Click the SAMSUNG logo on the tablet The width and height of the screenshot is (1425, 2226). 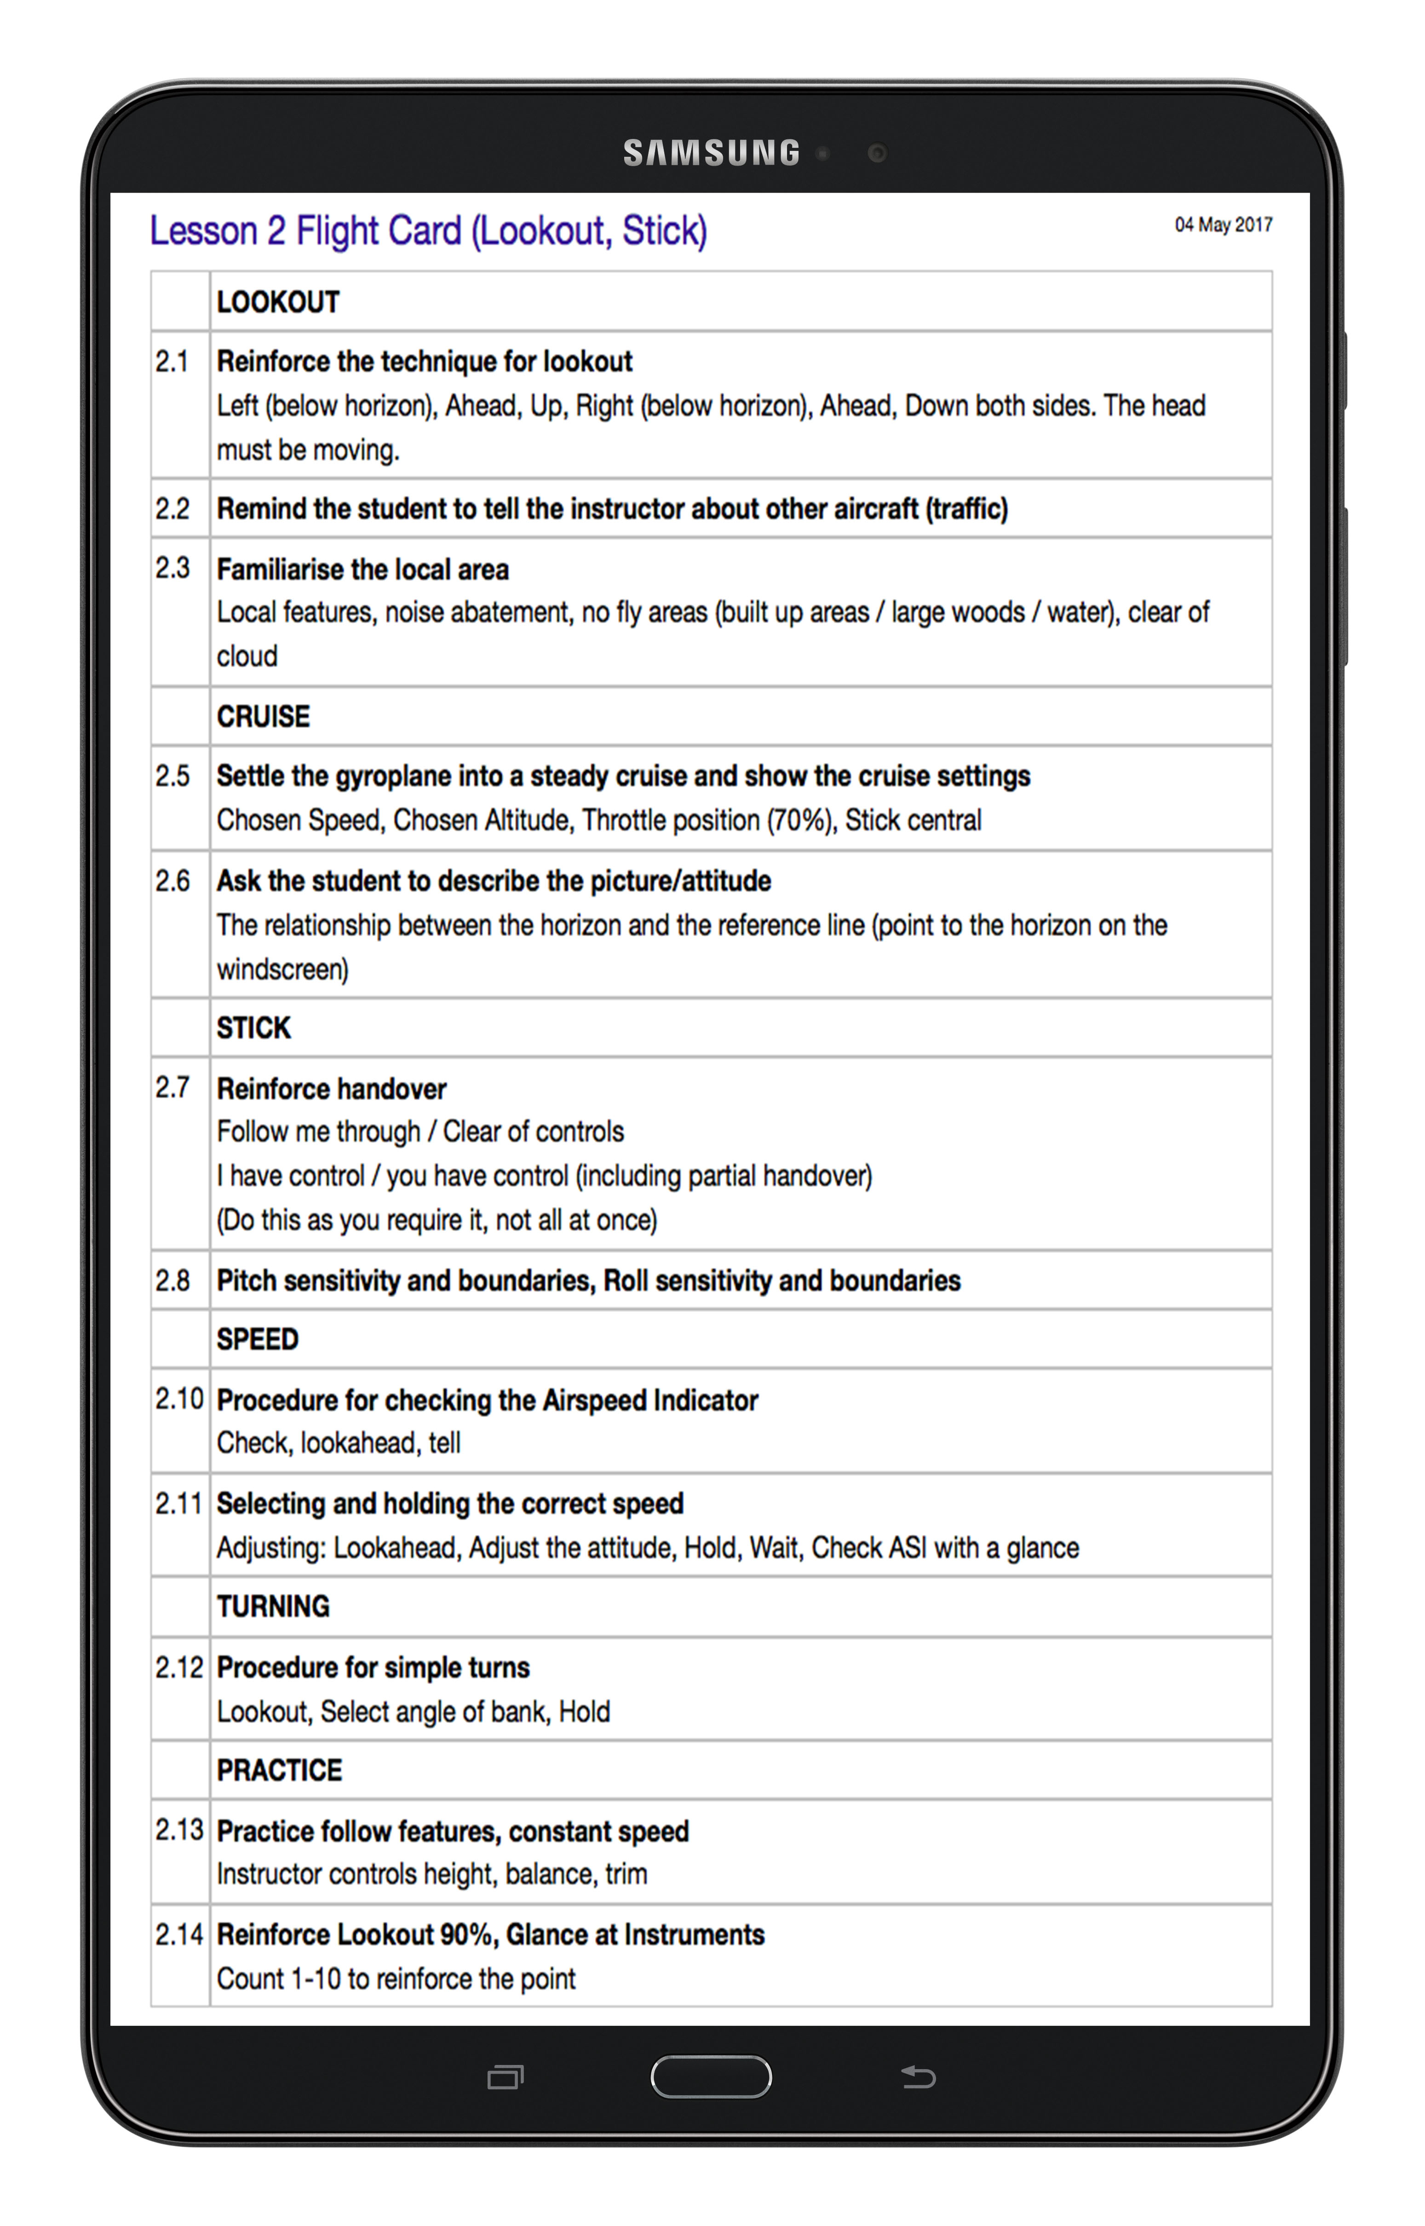711,153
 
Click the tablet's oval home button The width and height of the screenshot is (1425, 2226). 711,2076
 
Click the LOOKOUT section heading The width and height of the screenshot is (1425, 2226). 278,302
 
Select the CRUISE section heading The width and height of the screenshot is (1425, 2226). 263,716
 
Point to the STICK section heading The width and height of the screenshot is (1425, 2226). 253,1027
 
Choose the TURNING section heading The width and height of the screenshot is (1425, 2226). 273,1606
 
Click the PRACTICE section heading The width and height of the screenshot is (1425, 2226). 280,1770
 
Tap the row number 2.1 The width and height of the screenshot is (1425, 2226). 172,361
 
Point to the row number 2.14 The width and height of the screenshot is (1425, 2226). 178,1934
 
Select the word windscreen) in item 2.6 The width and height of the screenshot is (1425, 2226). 282,969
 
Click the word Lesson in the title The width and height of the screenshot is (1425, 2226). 204,231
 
